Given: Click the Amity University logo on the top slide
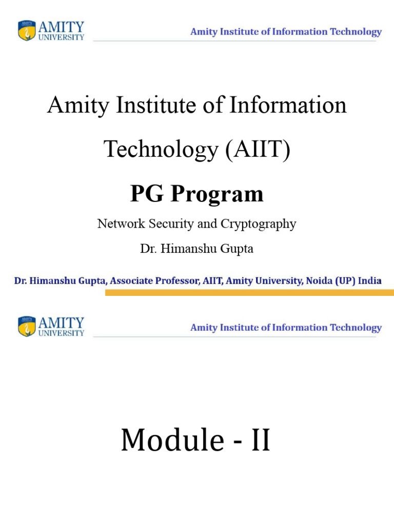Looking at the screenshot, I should point(51,30).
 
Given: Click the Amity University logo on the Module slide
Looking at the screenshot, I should point(51,326).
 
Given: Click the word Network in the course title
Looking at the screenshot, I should point(117,224).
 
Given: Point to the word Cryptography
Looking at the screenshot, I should point(259,224).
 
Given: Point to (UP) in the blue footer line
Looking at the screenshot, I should point(347,280).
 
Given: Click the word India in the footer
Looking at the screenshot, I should point(370,280).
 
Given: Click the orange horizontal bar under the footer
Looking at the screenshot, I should point(249,292).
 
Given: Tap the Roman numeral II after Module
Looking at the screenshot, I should point(260,440).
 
